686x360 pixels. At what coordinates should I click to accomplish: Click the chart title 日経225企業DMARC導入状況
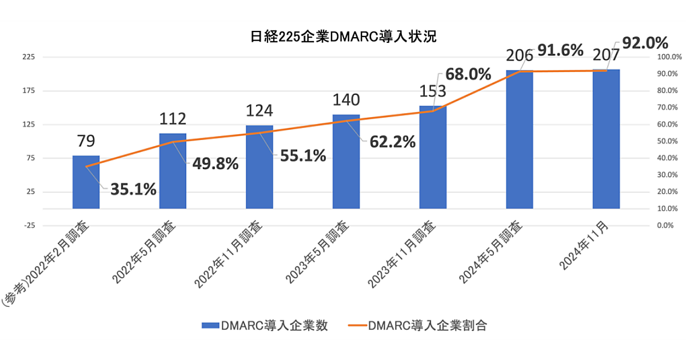click(x=343, y=37)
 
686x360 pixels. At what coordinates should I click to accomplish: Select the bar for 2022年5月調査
click(x=173, y=171)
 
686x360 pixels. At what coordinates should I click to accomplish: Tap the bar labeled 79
click(x=86, y=183)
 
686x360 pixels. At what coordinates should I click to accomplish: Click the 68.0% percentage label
click(x=468, y=74)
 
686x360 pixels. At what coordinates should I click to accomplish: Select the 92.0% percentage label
click(x=645, y=43)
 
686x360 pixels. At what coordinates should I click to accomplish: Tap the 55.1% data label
click(x=303, y=155)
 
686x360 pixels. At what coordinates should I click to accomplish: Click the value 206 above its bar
click(x=520, y=55)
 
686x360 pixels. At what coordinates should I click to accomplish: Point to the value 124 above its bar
click(x=260, y=110)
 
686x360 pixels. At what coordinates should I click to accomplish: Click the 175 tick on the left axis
click(x=28, y=91)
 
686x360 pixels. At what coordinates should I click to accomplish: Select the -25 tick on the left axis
click(x=28, y=226)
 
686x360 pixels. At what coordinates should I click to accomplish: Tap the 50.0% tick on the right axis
click(x=667, y=141)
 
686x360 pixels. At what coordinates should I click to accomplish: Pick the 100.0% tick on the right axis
click(x=666, y=57)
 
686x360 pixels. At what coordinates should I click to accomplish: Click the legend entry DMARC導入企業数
click(x=265, y=326)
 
